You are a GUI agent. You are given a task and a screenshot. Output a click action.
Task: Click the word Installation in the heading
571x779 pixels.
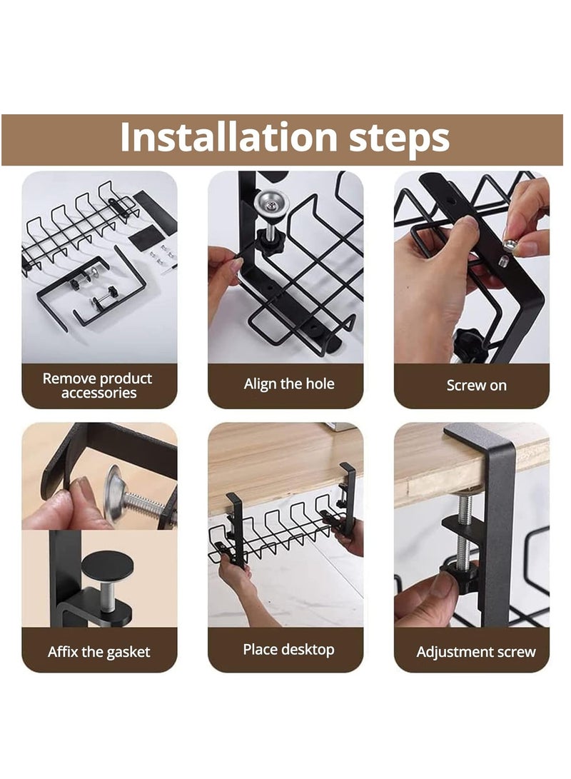pos(229,138)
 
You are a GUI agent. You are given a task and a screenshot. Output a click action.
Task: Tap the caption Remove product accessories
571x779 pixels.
pos(98,386)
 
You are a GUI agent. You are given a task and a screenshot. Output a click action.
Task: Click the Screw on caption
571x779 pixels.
pos(476,386)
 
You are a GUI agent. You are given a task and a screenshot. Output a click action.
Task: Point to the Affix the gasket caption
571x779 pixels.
pos(98,652)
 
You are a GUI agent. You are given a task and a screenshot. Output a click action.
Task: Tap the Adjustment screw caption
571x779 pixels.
pos(475,652)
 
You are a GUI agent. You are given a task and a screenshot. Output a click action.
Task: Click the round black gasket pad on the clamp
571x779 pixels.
pos(107,566)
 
